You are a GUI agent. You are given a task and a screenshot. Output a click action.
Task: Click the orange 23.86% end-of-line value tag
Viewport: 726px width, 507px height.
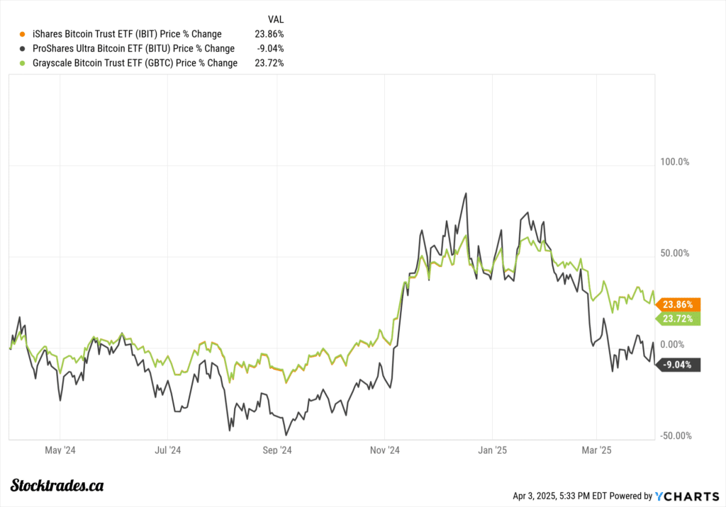(680, 304)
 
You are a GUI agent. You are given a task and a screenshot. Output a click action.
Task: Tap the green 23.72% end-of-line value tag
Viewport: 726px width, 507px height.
(680, 319)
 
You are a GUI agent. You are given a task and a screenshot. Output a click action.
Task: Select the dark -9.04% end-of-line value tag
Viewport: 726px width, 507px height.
(680, 365)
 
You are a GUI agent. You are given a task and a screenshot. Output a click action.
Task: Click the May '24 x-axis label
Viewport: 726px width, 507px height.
(60, 450)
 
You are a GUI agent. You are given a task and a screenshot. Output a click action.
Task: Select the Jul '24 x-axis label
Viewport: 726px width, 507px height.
(167, 450)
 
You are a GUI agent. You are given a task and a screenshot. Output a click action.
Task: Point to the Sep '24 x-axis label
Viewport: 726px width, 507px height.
(277, 450)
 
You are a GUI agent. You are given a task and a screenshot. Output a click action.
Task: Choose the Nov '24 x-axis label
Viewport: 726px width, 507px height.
(384, 450)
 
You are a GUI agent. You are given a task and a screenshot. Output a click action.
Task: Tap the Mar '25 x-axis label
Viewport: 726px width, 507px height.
(597, 450)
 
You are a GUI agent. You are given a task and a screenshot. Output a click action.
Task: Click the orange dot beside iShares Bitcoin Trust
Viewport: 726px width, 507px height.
(23, 34)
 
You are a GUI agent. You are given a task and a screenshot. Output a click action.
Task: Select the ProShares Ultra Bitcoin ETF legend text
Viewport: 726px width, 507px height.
(133, 49)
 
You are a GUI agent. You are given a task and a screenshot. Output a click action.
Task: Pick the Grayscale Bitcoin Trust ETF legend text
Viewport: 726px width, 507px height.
(135, 63)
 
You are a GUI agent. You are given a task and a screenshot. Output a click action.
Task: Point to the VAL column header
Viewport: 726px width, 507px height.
(275, 19)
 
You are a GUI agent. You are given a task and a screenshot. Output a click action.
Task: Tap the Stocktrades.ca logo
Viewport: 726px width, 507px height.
(59, 485)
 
